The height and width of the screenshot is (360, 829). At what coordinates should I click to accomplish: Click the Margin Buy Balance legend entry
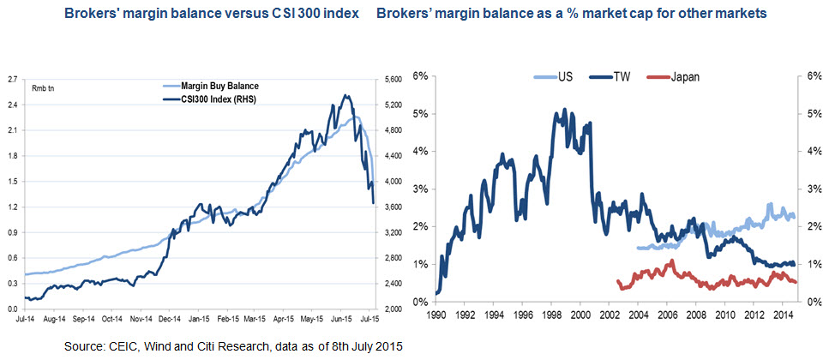(222, 86)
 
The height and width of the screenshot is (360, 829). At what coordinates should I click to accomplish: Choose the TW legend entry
(622, 76)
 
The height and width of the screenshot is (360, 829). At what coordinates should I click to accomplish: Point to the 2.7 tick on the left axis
(12, 80)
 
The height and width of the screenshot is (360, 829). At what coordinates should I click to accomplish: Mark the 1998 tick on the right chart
(551, 314)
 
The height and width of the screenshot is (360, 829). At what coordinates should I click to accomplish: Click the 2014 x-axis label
(783, 314)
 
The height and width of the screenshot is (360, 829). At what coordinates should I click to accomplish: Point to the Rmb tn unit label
(43, 88)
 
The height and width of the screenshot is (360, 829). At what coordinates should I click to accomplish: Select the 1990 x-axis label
(436, 314)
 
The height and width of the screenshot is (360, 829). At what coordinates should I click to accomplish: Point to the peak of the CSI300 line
(345, 95)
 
